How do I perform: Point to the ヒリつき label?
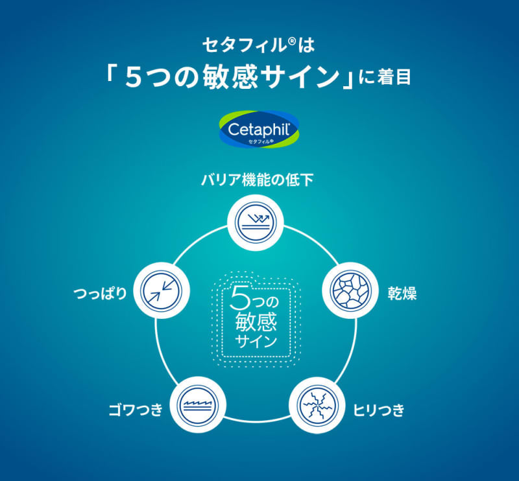click(379, 409)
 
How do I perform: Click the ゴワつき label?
click(134, 409)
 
